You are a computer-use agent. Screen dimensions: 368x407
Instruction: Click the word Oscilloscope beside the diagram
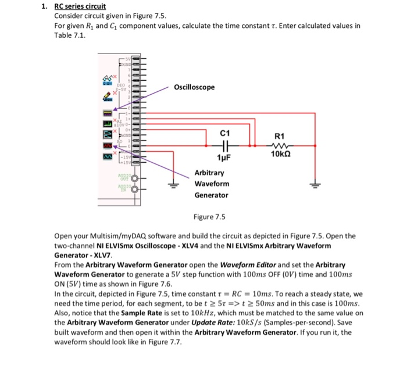194,87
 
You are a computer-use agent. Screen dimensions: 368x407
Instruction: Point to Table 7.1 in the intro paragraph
69,35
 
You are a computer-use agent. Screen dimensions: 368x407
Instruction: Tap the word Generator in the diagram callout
212,195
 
